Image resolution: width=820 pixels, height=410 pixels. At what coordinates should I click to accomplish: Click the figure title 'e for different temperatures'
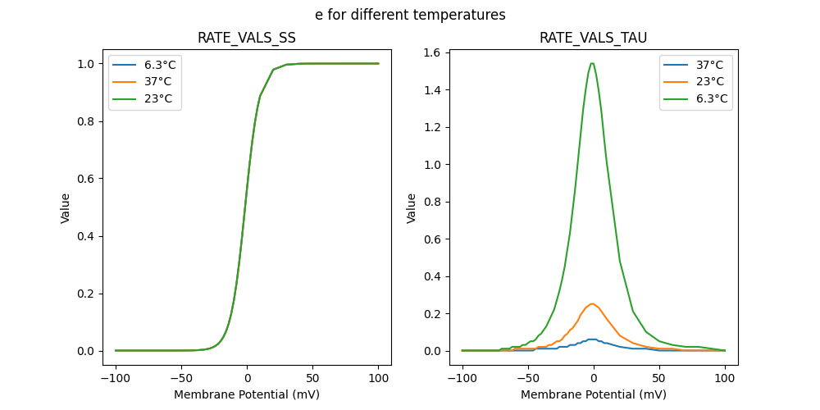pos(410,15)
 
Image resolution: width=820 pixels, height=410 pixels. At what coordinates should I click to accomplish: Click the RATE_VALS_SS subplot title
pos(247,39)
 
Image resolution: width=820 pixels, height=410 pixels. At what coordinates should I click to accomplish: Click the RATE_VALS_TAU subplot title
pos(593,39)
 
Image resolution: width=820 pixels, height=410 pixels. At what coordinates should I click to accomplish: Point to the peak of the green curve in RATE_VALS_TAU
pos(592,63)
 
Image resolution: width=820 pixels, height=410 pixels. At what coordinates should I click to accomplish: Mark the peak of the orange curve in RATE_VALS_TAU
pos(592,303)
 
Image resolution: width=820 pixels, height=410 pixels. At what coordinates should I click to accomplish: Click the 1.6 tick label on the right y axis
pos(430,52)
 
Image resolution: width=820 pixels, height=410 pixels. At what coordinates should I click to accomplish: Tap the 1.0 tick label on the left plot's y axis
pos(84,64)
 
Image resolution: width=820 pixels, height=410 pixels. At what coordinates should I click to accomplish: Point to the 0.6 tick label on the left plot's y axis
pos(84,179)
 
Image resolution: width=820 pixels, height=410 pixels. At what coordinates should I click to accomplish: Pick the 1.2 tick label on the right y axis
pos(430,127)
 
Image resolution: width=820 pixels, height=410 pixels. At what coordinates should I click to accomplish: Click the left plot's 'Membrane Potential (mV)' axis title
pos(247,394)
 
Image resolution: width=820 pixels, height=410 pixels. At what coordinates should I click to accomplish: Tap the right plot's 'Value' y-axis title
pos(412,207)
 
